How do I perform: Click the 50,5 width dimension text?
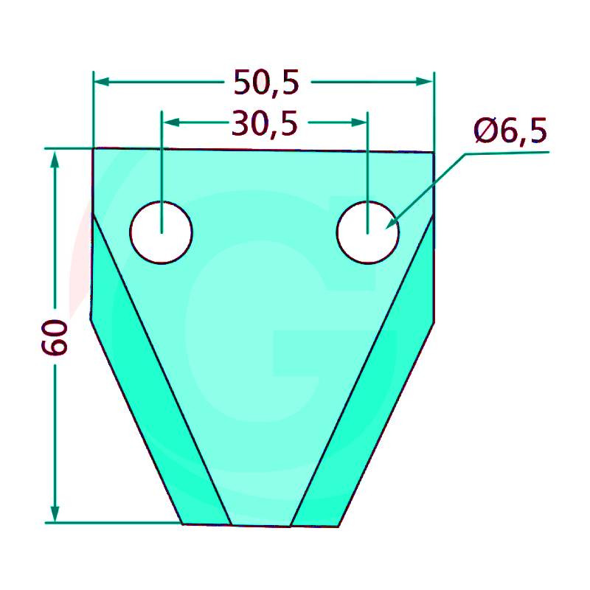click(266, 82)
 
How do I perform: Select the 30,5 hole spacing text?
click(265, 123)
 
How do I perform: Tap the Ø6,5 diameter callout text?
click(510, 131)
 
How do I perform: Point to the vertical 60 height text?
click(55, 337)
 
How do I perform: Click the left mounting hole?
click(161, 232)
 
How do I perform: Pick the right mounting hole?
click(367, 232)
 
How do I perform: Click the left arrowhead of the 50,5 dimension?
click(101, 82)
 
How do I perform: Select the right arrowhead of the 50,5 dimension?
click(425, 82)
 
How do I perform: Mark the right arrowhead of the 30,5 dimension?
click(359, 122)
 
